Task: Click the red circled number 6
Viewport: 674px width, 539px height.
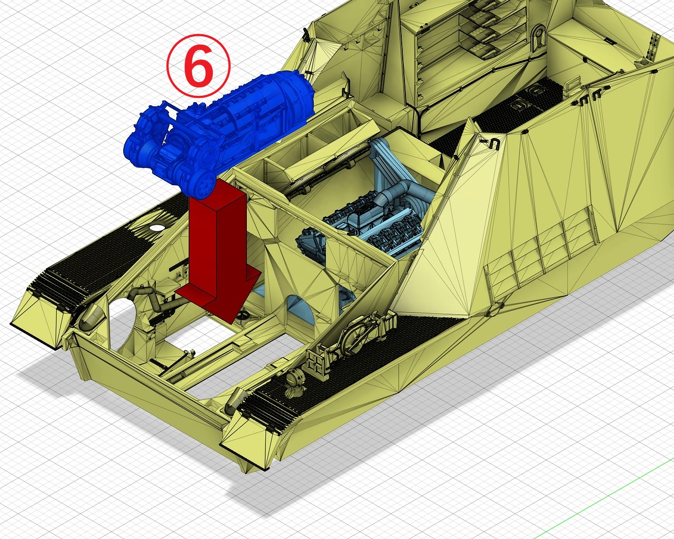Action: pyautogui.click(x=199, y=66)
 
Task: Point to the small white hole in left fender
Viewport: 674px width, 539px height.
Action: pyautogui.click(x=156, y=227)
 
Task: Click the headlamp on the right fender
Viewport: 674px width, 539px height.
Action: pyautogui.click(x=294, y=380)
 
